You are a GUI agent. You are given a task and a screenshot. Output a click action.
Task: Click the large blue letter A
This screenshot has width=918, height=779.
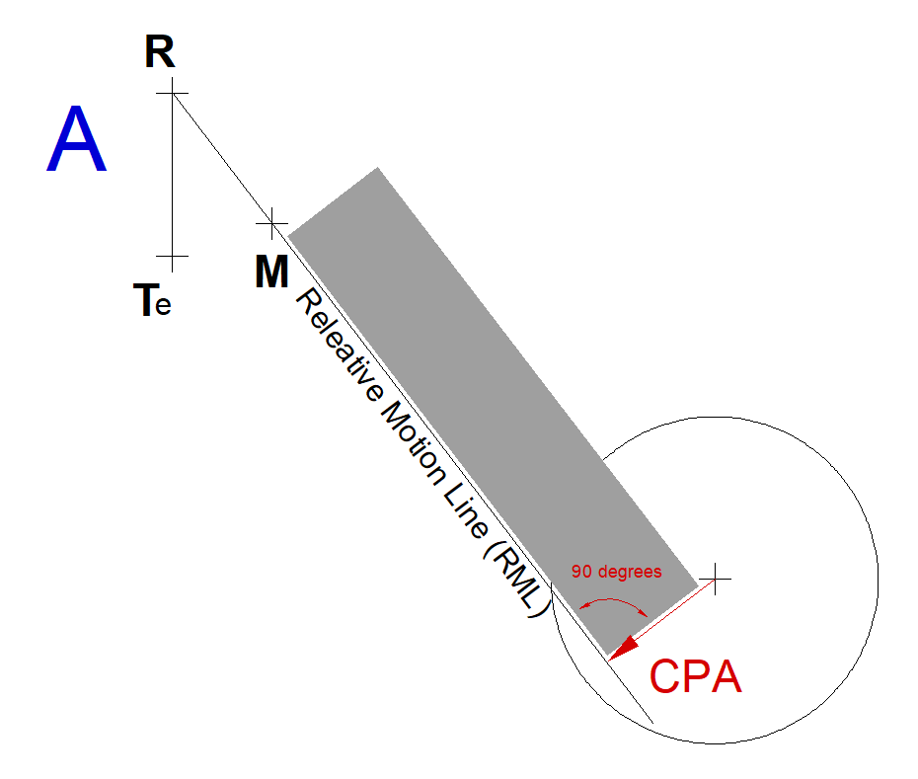(x=77, y=139)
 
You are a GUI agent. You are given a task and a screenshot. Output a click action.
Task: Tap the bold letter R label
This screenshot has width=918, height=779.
(x=160, y=52)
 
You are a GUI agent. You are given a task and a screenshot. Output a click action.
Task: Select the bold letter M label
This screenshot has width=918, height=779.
(x=271, y=272)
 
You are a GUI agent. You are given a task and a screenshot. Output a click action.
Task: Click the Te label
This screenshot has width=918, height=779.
(x=152, y=300)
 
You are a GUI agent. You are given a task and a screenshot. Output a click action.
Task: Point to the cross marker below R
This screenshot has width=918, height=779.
(x=172, y=93)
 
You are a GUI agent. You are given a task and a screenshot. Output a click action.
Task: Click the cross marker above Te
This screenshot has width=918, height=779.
(x=172, y=256)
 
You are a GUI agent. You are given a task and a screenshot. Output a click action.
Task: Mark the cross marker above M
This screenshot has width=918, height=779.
(x=271, y=223)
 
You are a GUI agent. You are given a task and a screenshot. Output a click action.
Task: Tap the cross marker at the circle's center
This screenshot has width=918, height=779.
(x=716, y=579)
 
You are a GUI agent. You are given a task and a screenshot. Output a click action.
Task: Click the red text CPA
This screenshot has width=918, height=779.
(x=696, y=676)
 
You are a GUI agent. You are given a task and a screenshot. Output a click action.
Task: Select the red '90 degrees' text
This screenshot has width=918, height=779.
(x=617, y=571)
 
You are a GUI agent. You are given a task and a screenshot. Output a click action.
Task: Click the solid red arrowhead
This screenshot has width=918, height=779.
(x=623, y=648)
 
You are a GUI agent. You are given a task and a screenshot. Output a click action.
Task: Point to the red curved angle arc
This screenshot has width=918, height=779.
(x=613, y=599)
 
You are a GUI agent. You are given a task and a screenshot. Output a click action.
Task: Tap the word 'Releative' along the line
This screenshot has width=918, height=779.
(x=339, y=345)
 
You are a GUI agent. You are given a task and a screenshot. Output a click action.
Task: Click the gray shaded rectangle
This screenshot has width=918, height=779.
(x=493, y=411)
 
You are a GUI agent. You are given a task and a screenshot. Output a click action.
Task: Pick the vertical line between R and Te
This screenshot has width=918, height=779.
(x=172, y=175)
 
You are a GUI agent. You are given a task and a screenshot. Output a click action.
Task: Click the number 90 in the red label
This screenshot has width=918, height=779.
(x=582, y=571)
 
